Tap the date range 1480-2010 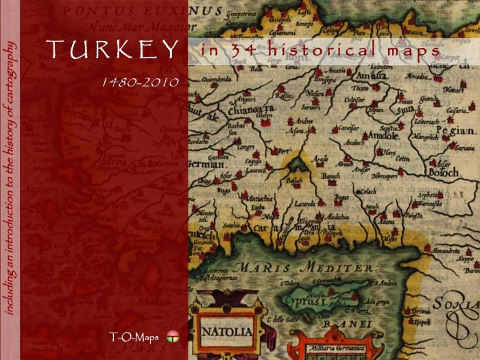tap(140, 82)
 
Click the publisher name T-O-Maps tap(133, 336)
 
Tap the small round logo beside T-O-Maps tap(172, 336)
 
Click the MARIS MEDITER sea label tap(304, 267)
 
